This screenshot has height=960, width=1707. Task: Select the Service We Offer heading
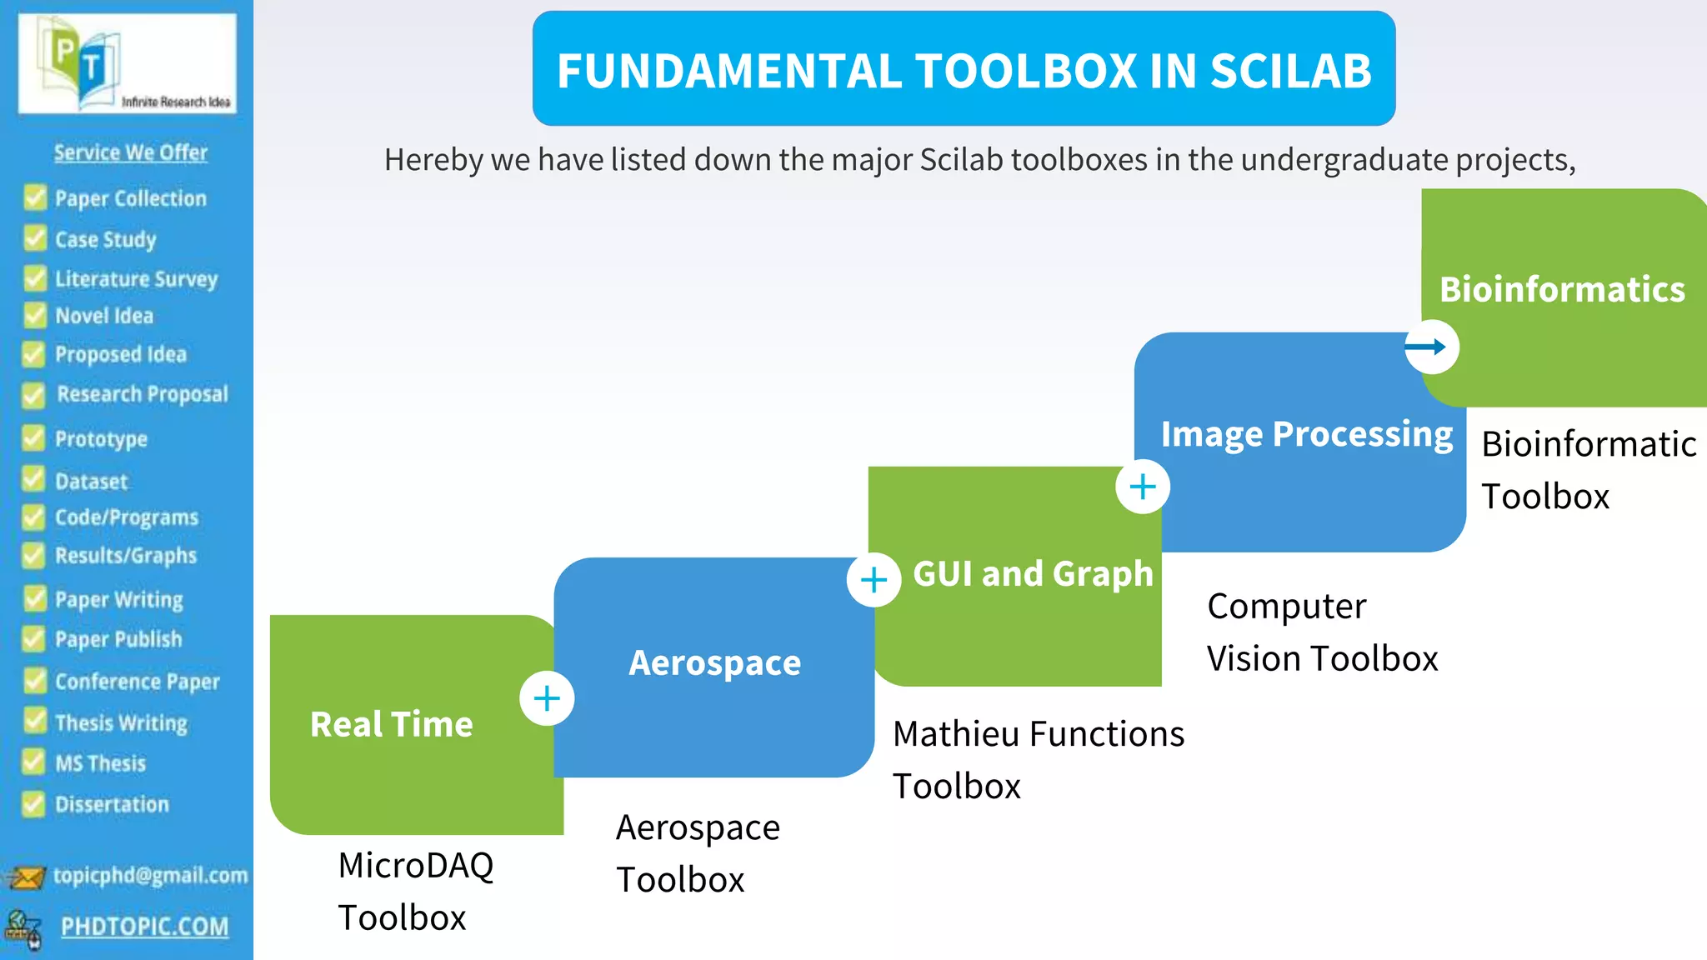[131, 152]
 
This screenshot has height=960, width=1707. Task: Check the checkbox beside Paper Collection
[35, 197]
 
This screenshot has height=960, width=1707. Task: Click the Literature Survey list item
[136, 278]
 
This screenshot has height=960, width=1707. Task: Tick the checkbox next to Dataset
[34, 480]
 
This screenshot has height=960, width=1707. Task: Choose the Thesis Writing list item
[121, 722]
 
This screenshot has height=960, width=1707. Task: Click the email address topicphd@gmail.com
[150, 875]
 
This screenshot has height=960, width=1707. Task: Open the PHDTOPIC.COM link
[144, 927]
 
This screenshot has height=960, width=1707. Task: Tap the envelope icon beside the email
[25, 877]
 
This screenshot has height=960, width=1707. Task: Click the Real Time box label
[391, 724]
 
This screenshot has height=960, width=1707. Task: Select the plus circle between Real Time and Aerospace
[547, 698]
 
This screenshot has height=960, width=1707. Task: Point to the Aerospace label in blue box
[714, 663]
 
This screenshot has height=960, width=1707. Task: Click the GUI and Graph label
[1033, 574]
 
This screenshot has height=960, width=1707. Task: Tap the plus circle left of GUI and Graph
[874, 579]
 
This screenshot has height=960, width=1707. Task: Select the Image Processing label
[1306, 434]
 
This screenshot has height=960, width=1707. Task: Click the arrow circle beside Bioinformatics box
[1431, 347]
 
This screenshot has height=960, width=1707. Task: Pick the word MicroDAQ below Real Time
[415, 865]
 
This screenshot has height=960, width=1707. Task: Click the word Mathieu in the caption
[956, 734]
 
